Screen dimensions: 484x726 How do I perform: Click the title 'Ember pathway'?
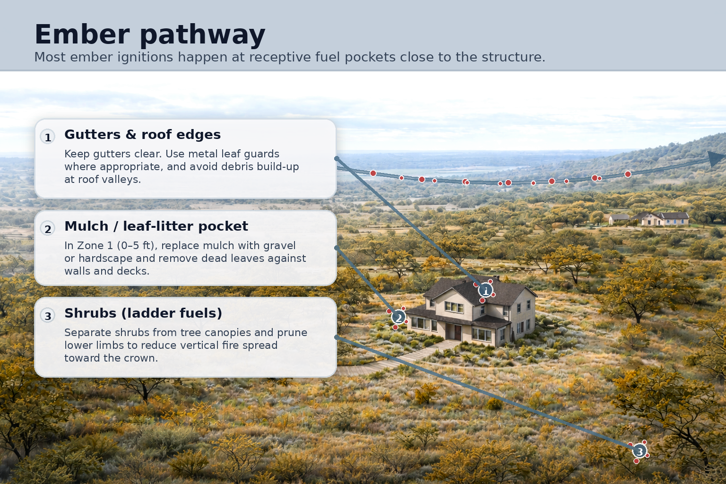150,35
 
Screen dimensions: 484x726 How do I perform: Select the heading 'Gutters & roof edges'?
142,135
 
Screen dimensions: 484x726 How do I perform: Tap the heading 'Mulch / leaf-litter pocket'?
156,226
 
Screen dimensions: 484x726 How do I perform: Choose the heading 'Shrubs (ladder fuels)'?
143,313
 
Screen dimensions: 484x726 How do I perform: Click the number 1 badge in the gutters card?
48,138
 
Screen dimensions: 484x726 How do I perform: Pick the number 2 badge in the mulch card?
48,229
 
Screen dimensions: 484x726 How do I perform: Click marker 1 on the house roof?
485,290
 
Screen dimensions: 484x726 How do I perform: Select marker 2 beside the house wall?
398,317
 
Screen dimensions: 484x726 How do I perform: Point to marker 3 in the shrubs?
640,451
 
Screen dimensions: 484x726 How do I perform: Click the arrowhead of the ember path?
716,158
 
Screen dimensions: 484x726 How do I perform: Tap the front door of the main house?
457,332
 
